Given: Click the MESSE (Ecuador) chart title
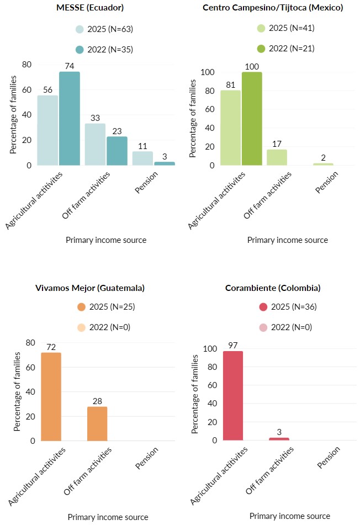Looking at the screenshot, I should pyautogui.click(x=90, y=8).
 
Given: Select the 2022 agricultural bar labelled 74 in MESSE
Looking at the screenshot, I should pyautogui.click(x=70, y=119).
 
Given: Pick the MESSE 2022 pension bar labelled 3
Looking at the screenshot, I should pyautogui.click(x=165, y=163).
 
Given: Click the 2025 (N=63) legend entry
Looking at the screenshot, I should pyautogui.click(x=105, y=29).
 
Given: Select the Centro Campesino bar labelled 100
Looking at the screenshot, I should pyautogui.click(x=252, y=119).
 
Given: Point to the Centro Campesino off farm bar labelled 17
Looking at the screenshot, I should pyautogui.click(x=277, y=157).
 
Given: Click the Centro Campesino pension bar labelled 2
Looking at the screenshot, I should pyautogui.click(x=323, y=164).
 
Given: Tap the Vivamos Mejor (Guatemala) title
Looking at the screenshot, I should pyautogui.click(x=90, y=288).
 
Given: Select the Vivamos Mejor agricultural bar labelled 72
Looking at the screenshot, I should pyautogui.click(x=50, y=396).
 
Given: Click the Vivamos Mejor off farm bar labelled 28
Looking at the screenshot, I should pyautogui.click(x=97, y=423).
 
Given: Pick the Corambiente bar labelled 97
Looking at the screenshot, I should pyautogui.click(x=232, y=396).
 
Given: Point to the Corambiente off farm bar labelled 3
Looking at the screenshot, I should pyautogui.click(x=279, y=439).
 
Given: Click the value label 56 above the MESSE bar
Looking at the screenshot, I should pyautogui.click(x=47, y=90).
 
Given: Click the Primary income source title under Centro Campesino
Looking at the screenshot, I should pyautogui.click(x=287, y=240).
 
